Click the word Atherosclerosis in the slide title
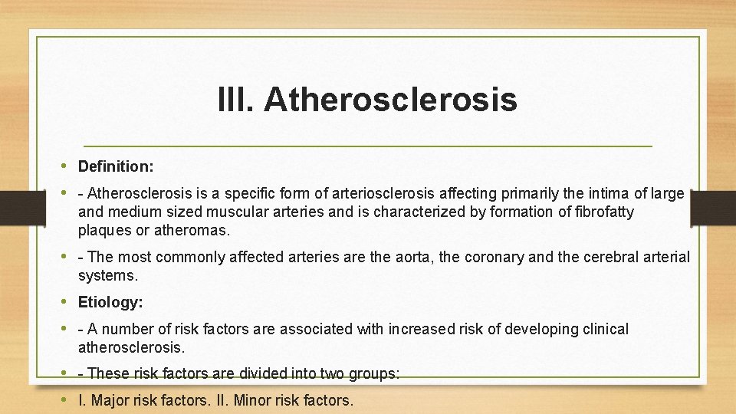pos(390,100)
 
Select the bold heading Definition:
pos(116,166)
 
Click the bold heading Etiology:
pos(110,302)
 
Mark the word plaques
pos(103,230)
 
